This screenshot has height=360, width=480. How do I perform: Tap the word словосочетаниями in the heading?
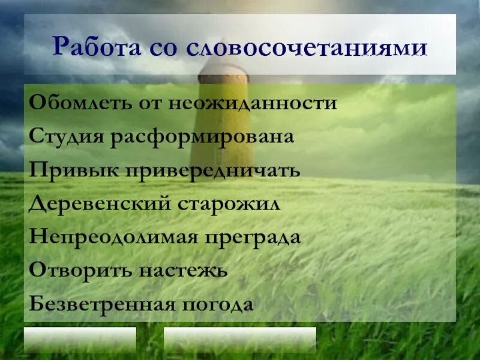tap(305, 49)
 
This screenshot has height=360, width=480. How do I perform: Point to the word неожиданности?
tap(260, 103)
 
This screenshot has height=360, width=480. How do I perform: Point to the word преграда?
tap(253, 238)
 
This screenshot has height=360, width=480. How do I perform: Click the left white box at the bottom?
tap(80, 340)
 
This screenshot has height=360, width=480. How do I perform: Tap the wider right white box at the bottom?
tap(239, 340)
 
